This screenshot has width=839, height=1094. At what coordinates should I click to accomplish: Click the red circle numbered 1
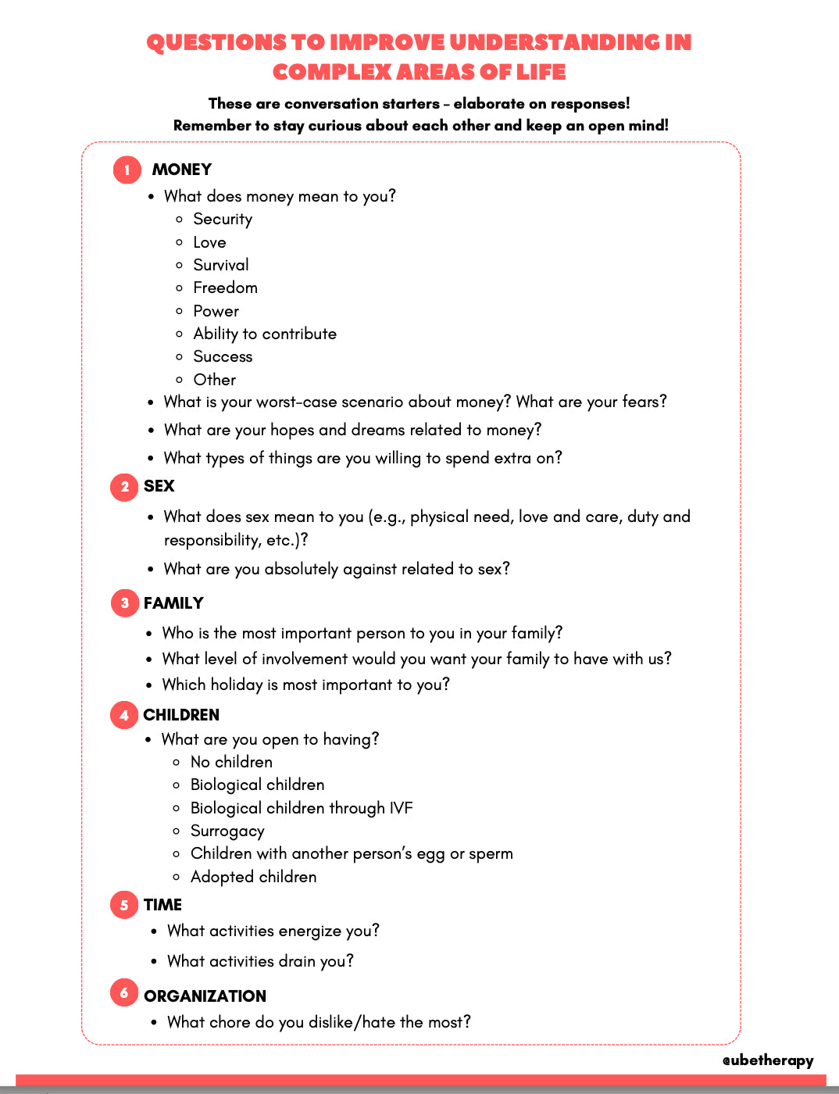point(127,170)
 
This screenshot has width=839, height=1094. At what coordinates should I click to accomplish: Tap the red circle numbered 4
point(124,715)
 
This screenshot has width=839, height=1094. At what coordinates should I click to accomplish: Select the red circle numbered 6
point(124,992)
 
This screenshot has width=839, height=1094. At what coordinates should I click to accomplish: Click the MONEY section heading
point(182,170)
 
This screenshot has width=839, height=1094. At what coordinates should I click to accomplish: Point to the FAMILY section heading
point(173,603)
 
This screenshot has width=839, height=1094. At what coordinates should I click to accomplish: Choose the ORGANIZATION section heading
point(205,996)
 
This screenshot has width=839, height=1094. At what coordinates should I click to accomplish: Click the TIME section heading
point(162,905)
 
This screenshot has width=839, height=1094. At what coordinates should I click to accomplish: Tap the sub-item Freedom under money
point(225,288)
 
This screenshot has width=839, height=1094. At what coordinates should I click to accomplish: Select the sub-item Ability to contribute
point(265,334)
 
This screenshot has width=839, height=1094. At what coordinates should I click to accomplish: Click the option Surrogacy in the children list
point(227,831)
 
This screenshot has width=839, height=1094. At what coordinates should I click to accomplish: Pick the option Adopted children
point(253,877)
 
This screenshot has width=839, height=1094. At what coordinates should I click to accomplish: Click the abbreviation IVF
point(401,808)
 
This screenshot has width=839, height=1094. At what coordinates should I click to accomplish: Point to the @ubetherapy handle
point(768,1060)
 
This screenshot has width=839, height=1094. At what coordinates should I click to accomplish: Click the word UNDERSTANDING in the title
point(554,42)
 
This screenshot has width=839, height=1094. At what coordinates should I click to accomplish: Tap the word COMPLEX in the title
point(332,73)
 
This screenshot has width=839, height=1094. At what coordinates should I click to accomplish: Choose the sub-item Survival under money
point(221,265)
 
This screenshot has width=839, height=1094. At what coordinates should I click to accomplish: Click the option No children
point(231,762)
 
